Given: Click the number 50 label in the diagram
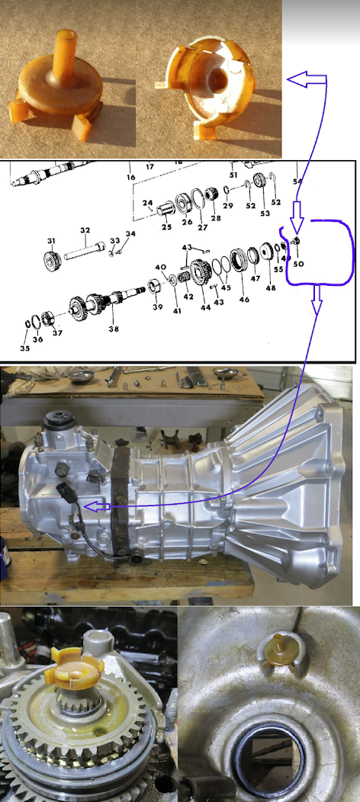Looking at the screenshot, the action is [x=297, y=264].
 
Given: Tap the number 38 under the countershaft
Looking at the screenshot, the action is [x=114, y=329].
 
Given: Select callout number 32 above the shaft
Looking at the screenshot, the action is [x=85, y=230].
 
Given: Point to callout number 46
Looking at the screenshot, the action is [x=244, y=299].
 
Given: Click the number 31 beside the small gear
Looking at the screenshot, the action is [x=51, y=240].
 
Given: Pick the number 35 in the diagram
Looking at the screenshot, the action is [x=25, y=348].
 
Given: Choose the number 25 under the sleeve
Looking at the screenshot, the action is [x=167, y=226].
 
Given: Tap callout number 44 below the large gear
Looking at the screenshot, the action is [x=206, y=307].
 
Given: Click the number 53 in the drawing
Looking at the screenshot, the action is [x=265, y=213].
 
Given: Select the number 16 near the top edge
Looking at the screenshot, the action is [x=131, y=177].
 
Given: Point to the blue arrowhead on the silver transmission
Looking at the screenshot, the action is [x=92, y=507].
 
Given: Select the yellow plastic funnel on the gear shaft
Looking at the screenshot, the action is [x=77, y=668].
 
